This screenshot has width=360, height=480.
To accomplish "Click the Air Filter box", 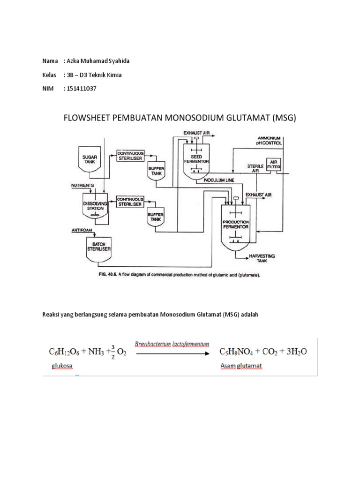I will pos(273,165).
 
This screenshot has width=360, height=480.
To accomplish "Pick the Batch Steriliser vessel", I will pos(99,247).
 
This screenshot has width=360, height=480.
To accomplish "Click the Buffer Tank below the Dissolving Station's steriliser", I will pos(155,217).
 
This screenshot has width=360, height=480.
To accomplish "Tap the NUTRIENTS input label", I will pos(82,186).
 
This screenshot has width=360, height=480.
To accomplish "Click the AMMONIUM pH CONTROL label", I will pos(274,139).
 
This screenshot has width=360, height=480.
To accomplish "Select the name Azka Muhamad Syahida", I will pos(100,61).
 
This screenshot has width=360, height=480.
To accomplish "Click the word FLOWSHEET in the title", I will pos(87,118).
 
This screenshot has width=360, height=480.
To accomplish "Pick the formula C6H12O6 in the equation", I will pos(66,351).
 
